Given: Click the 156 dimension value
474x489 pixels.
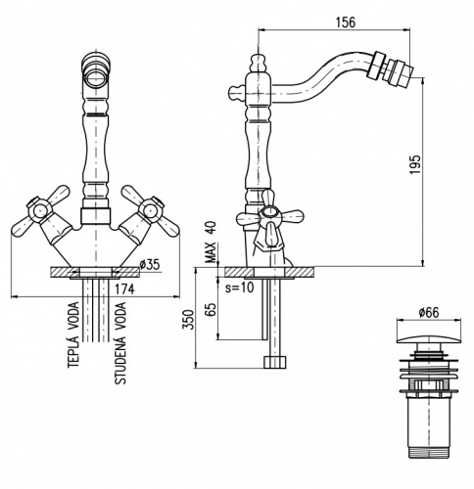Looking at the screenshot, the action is (346, 22).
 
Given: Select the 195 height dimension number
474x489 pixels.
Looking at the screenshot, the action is (415, 164).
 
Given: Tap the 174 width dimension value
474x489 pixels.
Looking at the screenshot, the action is (124, 289).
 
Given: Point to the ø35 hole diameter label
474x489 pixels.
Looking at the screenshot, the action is (150, 265).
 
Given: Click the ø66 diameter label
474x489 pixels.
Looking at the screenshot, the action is (429, 313).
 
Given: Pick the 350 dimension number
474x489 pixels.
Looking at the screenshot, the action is (189, 320).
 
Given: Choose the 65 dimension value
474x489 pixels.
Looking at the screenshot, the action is (212, 310).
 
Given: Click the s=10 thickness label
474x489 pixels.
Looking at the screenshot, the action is (239, 288).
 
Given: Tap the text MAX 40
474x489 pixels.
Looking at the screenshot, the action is (211, 243).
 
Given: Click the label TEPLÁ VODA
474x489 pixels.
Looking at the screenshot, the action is (73, 334).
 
